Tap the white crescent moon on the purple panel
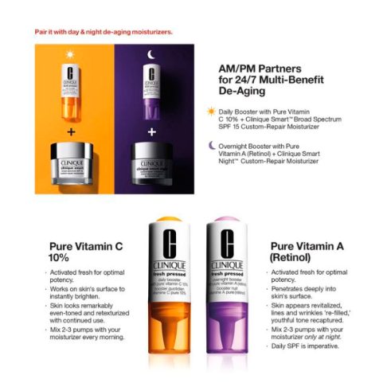(x=149, y=54)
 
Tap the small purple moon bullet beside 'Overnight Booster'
(x=211, y=145)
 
